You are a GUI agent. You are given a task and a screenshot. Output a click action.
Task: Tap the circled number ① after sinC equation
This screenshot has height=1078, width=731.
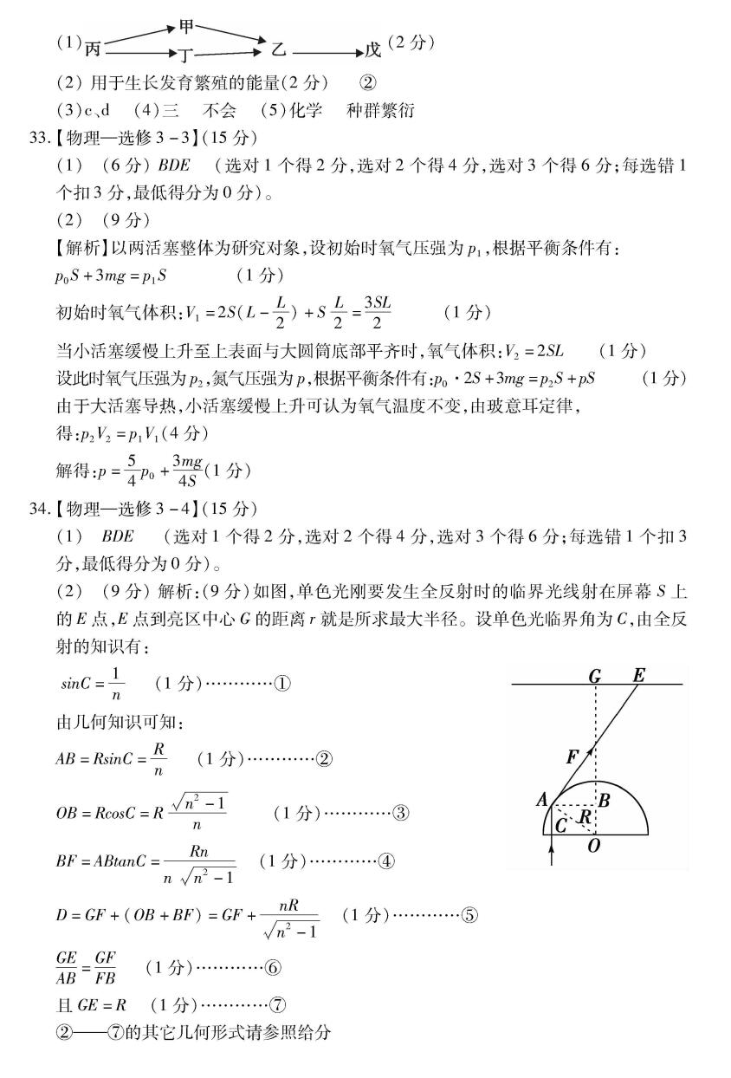[282, 683]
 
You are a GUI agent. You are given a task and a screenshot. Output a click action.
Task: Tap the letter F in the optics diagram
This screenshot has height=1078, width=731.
[572, 757]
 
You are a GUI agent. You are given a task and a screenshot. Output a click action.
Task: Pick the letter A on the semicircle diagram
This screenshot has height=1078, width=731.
[541, 800]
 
